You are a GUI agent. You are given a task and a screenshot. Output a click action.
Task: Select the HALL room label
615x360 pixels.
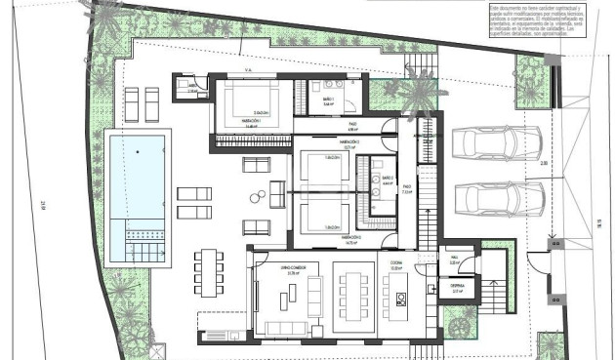click(455, 260)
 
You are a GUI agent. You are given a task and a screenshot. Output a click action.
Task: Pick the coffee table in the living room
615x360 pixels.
click(287, 297)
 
